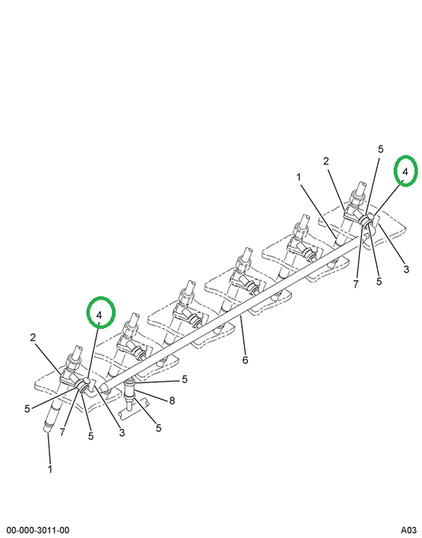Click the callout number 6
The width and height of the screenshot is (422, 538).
245,360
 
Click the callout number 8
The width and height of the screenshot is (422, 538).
172,401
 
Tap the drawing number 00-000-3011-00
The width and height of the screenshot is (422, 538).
38,531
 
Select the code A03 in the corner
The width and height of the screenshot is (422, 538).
409,531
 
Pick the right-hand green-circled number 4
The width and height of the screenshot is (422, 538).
405,172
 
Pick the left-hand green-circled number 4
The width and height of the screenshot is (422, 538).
99,315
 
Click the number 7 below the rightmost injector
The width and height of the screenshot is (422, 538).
356,284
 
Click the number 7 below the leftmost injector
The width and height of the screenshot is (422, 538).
62,432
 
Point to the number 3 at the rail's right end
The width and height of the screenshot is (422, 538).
406,269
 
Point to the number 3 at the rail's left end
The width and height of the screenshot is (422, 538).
122,433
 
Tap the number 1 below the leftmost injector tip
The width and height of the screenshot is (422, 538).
50,469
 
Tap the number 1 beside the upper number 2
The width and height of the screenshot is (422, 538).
299,177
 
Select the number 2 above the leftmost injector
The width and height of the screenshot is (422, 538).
33,338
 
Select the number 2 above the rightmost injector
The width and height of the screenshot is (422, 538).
326,161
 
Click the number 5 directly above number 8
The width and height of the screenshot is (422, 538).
184,379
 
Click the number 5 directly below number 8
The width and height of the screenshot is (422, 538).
158,428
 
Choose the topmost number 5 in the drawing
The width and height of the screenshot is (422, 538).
380,149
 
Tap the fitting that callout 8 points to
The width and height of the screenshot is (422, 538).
131,391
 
